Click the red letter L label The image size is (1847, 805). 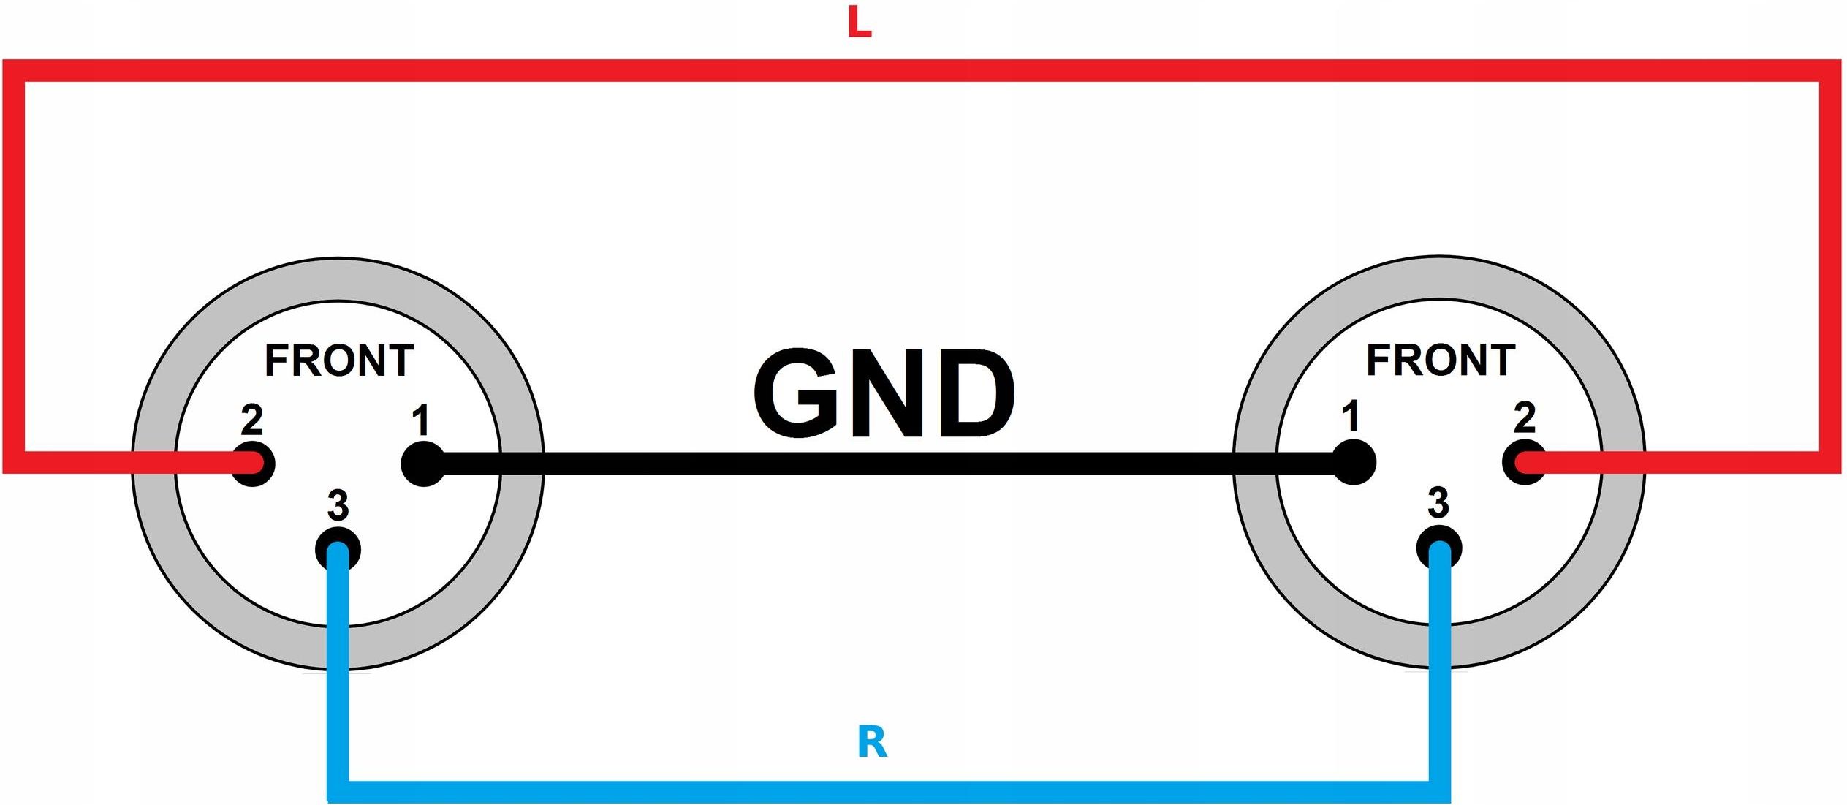860,22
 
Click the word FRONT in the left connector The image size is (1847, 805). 339,360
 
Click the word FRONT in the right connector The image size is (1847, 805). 1441,360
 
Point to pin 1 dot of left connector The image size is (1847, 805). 423,464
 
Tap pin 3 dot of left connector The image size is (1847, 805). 338,549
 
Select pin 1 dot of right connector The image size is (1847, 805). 1354,462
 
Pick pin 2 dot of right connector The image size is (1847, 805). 1525,462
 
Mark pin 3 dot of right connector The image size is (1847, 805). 1439,548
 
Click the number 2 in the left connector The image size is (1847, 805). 251,420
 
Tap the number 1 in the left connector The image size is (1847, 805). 420,420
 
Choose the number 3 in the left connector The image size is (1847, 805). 338,505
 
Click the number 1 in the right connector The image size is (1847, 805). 1351,417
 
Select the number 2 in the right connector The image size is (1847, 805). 1524,417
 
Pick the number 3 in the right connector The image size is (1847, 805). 1438,503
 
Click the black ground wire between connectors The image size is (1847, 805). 888,464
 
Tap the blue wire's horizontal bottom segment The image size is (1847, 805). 888,792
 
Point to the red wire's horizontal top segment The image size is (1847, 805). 922,71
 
